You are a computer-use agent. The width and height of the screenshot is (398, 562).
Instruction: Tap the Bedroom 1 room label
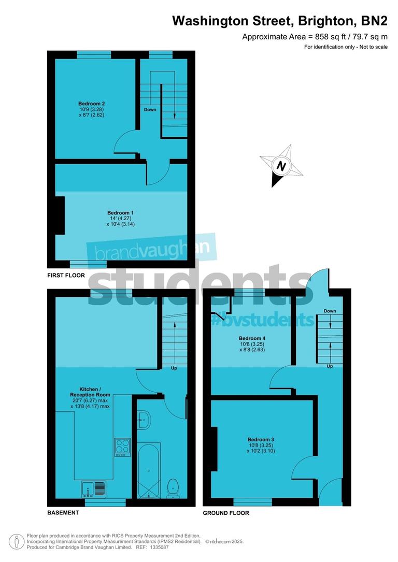point(120,213)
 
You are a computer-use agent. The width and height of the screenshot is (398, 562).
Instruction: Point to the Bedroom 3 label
point(261,440)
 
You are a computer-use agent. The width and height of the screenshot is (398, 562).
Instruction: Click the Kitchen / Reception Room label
point(95,392)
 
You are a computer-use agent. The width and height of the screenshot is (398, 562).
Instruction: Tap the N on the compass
point(281,167)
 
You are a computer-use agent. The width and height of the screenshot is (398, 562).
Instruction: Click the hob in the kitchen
point(122,447)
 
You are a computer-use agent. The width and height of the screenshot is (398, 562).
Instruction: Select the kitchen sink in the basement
point(93,488)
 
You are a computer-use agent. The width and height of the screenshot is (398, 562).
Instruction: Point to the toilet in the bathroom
point(174,486)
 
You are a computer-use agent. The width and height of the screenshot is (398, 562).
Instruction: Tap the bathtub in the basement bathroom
point(149,470)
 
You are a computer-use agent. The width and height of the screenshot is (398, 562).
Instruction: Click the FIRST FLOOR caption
point(65,276)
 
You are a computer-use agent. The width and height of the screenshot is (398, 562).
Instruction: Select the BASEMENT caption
point(63,513)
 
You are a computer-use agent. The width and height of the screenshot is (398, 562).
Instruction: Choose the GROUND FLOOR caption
point(226,513)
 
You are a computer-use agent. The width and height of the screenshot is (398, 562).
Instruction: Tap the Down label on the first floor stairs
point(150,110)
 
